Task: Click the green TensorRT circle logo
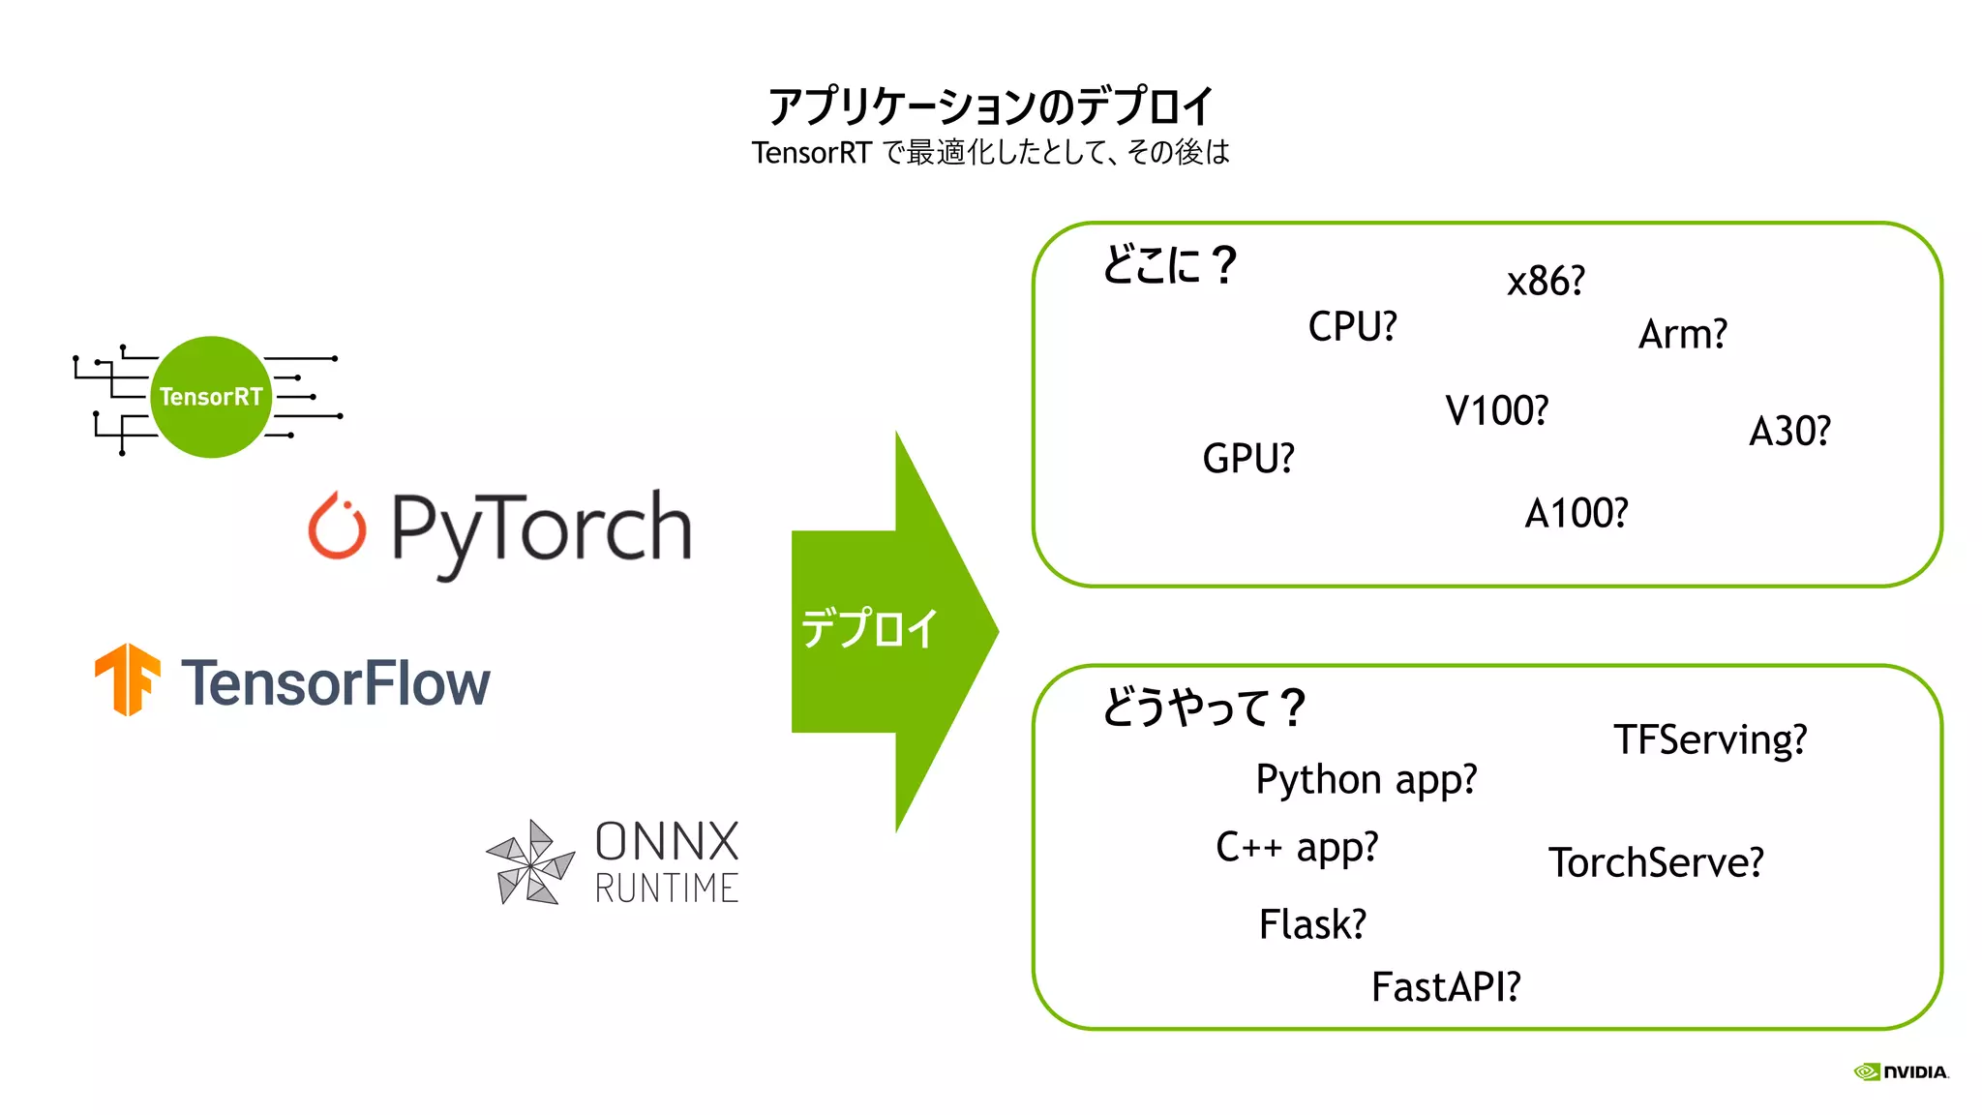(x=210, y=397)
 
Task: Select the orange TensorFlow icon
(x=127, y=679)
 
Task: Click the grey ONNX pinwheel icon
(x=530, y=862)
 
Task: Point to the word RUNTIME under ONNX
(x=666, y=888)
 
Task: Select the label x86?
(x=1546, y=282)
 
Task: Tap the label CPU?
(x=1352, y=327)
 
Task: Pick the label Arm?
(x=1682, y=335)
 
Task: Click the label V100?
(x=1496, y=411)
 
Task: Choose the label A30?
(x=1789, y=432)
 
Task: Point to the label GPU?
(x=1247, y=459)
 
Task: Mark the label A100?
(x=1576, y=514)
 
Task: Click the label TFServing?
(x=1710, y=740)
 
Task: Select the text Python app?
(x=1366, y=780)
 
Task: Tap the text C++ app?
(x=1296, y=848)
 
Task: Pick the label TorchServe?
(x=1656, y=862)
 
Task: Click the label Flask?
(x=1312, y=924)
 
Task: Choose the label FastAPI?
(x=1446, y=987)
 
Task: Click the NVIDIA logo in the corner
(x=1901, y=1071)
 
